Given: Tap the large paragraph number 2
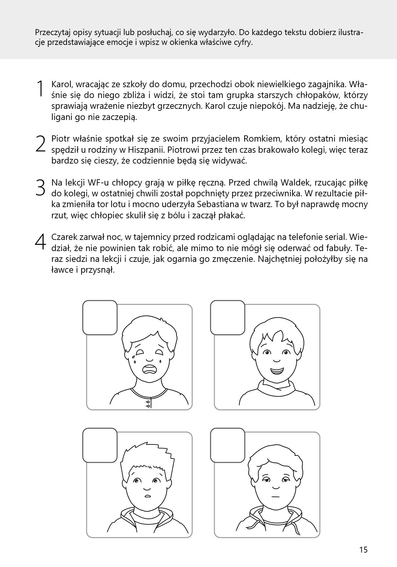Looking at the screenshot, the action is pos(40,144).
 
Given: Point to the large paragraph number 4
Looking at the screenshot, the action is pos(40,242).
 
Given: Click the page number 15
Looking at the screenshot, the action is pos(363,550).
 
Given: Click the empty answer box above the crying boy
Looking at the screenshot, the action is pos(100,318).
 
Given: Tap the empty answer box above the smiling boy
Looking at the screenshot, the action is pos(228,318).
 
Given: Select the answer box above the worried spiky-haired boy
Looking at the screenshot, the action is pos(100,445).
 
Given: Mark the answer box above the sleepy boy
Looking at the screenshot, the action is pos(228,445).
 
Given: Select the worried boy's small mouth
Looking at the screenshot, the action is pos(148,496).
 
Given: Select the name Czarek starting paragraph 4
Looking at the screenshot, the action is pos(63,237).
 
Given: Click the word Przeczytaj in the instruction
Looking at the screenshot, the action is pos(52,33).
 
